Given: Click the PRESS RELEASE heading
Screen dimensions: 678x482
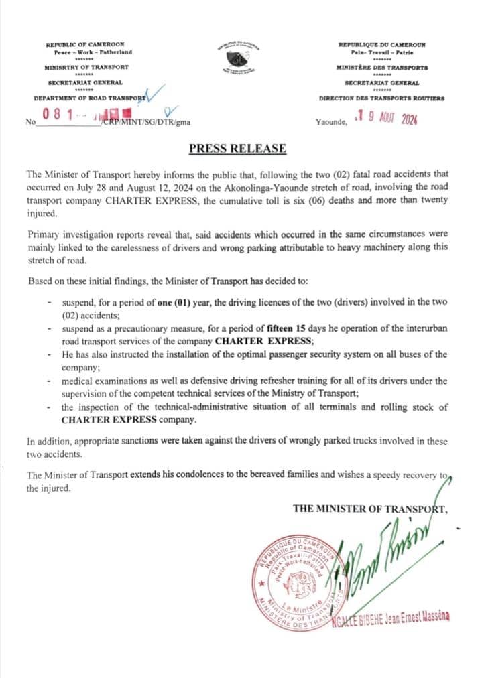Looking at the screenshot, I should click(237, 149).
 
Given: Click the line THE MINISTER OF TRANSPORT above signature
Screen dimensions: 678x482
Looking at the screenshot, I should click(369, 508).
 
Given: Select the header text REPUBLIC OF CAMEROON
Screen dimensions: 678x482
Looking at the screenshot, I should click(85, 44).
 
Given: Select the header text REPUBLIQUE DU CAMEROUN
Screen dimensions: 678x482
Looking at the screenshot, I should click(381, 44).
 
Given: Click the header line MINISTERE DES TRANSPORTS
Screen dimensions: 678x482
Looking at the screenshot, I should click(381, 68).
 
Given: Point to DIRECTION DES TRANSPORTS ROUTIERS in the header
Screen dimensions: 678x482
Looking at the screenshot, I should click(381, 98).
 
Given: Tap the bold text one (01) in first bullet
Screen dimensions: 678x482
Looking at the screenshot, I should click(173, 303).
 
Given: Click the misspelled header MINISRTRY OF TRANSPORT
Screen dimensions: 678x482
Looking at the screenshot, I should click(86, 68).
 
